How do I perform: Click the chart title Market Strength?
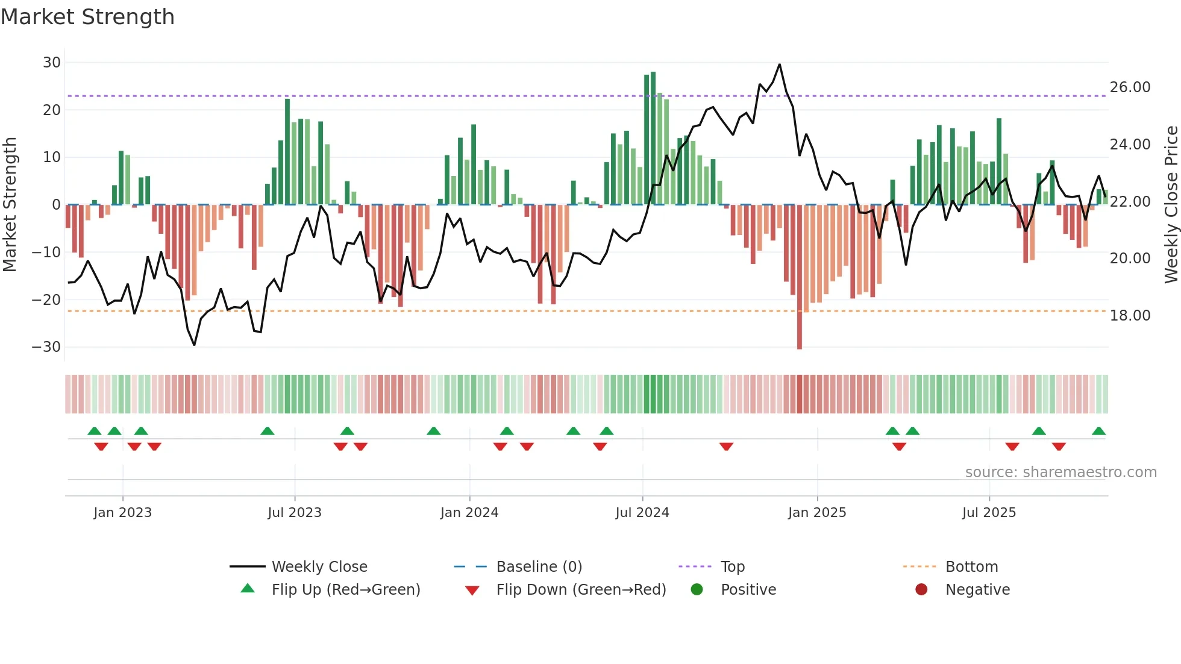pos(87,17)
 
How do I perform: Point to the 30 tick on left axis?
pos(52,63)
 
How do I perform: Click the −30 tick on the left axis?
pos(47,347)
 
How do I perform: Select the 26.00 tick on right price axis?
pos(1130,87)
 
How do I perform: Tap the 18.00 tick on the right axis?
pos(1130,316)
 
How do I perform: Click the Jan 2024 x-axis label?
pos(469,513)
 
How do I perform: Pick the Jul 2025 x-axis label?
pos(989,513)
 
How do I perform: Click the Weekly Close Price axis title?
pos(1171,205)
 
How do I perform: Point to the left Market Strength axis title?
pos(10,205)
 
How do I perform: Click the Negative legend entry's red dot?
pos(921,590)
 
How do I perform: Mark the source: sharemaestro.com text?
pos(1060,472)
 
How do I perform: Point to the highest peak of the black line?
pos(780,64)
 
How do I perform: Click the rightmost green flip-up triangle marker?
pos(1098,431)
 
